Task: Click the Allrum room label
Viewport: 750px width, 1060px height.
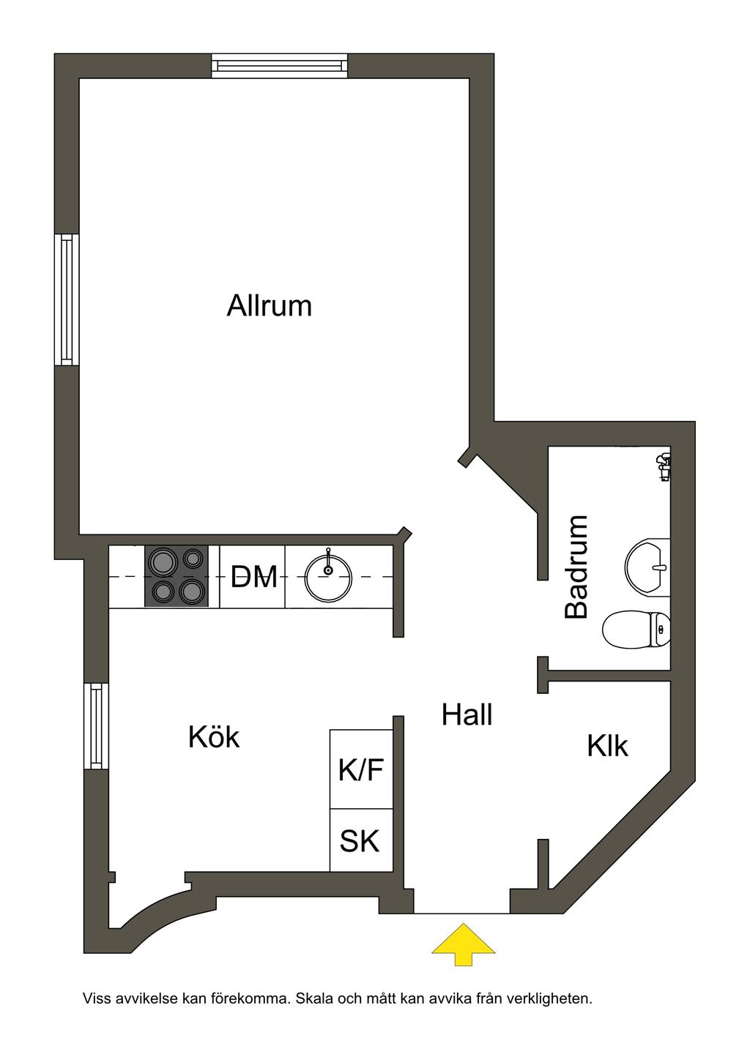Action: (270, 305)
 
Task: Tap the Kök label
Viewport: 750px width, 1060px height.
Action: (214, 737)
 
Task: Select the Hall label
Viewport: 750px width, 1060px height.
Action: (467, 714)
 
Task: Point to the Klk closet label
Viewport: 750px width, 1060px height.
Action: (607, 746)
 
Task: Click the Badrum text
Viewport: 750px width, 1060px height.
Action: (577, 567)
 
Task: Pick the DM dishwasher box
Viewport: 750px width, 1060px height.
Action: (253, 577)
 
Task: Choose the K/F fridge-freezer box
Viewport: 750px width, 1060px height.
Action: (361, 769)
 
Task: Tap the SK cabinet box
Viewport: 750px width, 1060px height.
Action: (360, 840)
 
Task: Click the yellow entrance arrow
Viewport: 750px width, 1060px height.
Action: (462, 944)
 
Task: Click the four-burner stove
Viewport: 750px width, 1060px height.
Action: (177, 576)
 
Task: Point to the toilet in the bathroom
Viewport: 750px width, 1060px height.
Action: (636, 630)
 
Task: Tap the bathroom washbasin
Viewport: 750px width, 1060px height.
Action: (649, 564)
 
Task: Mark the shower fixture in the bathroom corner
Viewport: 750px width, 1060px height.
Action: (664, 466)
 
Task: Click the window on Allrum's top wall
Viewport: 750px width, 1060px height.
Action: (279, 66)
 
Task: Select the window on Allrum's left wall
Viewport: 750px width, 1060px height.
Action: (67, 299)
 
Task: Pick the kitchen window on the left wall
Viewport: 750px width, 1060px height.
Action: (96, 725)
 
